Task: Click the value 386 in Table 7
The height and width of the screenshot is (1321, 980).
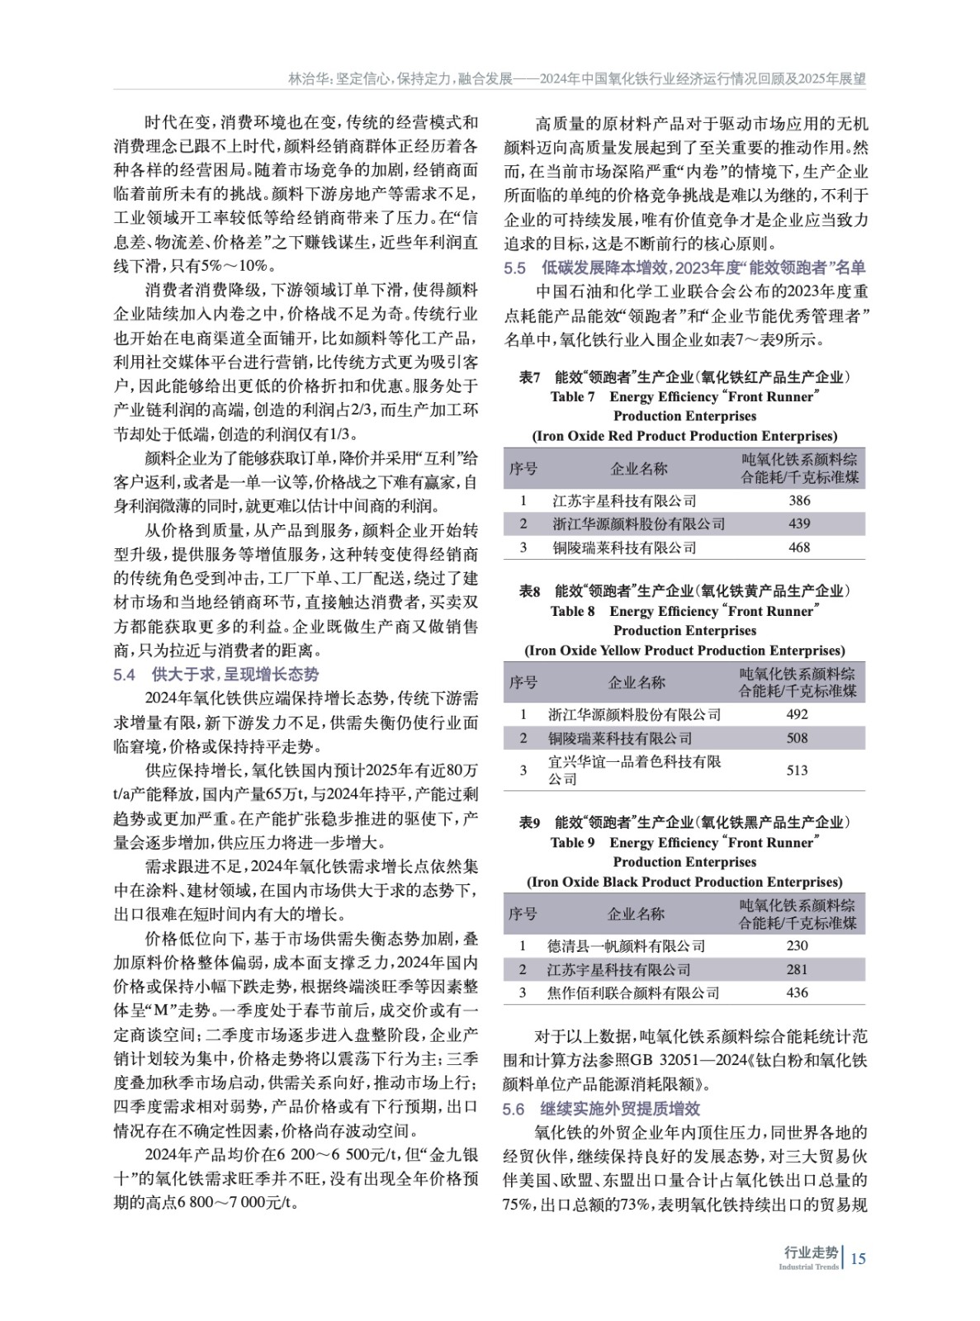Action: [x=799, y=500]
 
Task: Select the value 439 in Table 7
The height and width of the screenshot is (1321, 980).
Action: [x=799, y=523]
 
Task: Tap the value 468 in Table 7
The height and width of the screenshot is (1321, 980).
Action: [x=799, y=547]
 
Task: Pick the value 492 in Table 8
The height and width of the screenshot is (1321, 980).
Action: [x=797, y=714]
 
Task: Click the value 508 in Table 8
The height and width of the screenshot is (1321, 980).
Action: [x=797, y=738]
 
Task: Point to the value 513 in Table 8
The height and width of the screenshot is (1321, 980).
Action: [x=797, y=770]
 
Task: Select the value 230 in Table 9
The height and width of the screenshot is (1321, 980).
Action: [x=797, y=945]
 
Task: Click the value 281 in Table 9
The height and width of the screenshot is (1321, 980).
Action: [x=797, y=969]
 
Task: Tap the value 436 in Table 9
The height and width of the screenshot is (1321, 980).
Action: [x=797, y=992]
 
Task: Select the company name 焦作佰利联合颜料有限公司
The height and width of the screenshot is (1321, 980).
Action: [x=633, y=992]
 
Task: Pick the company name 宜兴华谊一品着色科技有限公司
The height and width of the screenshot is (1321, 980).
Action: [x=634, y=770]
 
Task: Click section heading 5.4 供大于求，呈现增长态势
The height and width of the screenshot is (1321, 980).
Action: [x=216, y=675]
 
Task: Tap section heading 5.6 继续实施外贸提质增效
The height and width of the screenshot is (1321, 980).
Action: [x=602, y=1109]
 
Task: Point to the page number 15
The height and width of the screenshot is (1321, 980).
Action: [x=858, y=1259]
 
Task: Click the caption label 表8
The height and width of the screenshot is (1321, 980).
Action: [x=529, y=591]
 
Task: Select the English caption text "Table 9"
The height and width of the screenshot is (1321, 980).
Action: [x=572, y=843]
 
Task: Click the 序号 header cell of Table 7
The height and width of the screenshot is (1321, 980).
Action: [x=523, y=469]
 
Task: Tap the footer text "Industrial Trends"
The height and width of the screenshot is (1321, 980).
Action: [x=808, y=1267]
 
